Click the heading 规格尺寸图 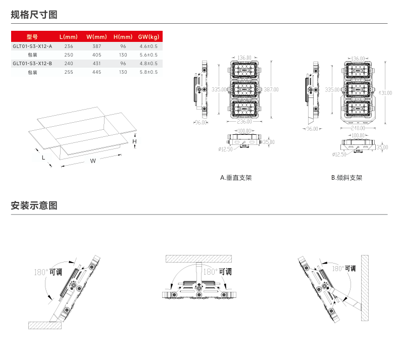[34, 15]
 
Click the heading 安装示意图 [34, 206]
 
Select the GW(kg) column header [148, 37]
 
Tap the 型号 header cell [32, 37]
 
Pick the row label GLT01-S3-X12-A [32, 46]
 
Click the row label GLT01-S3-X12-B [32, 64]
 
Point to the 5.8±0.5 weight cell [148, 72]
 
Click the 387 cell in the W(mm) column [96, 46]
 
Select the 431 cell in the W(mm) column [96, 64]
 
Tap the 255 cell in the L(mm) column [69, 72]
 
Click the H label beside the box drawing [134, 142]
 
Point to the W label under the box [93, 161]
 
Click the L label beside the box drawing [43, 158]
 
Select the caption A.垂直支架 [236, 178]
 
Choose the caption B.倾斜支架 [346, 178]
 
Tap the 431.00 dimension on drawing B [386, 92]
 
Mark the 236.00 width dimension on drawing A [244, 122]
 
